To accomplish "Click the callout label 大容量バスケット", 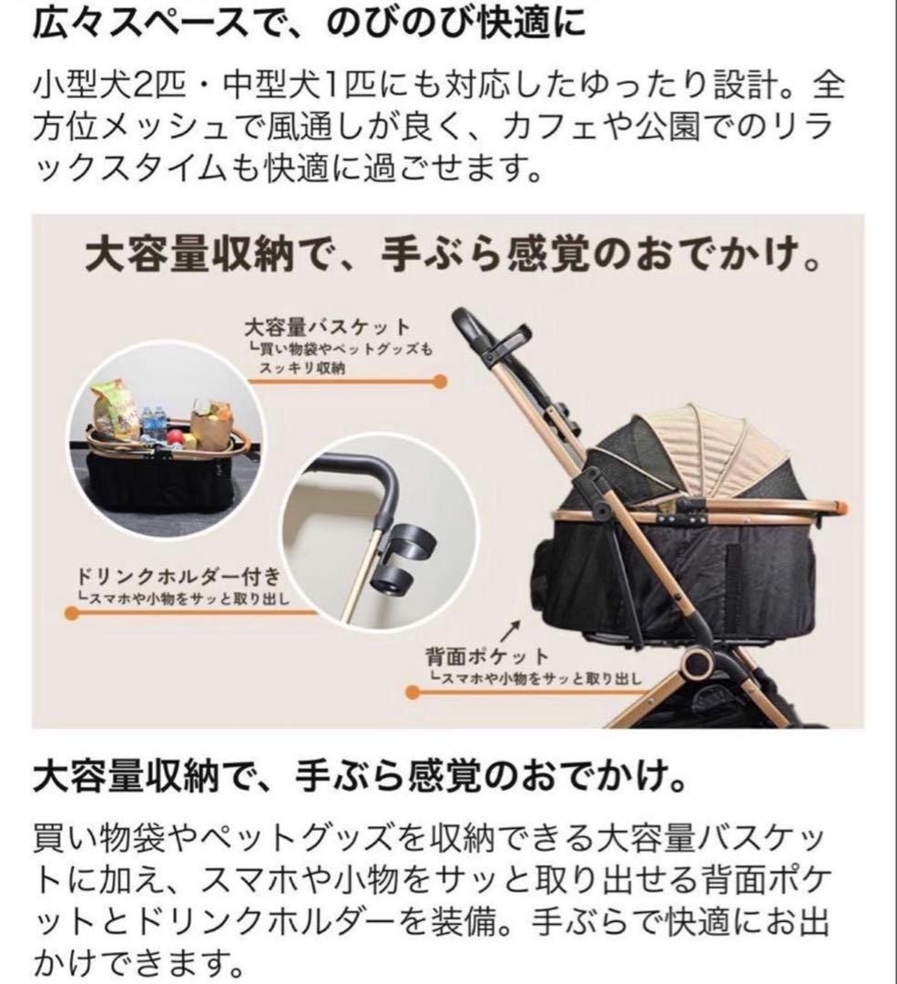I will tap(327, 326).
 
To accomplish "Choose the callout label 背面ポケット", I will tap(487, 655).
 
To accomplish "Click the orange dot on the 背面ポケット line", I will tap(413, 692).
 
